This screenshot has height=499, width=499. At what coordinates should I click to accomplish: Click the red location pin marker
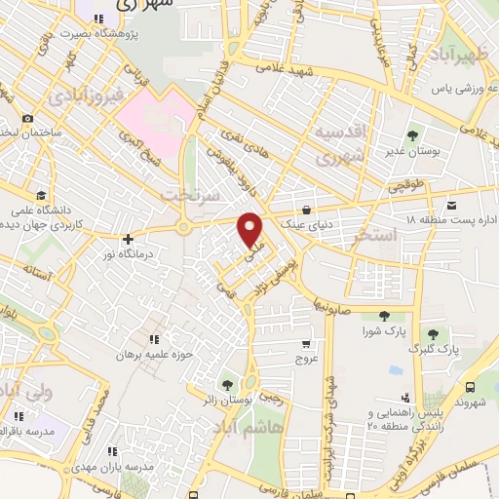251,229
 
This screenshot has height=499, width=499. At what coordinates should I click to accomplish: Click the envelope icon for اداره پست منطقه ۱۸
452,206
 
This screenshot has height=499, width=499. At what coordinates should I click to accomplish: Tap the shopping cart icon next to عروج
306,344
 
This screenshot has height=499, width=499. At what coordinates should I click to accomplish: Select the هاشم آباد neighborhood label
259,427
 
